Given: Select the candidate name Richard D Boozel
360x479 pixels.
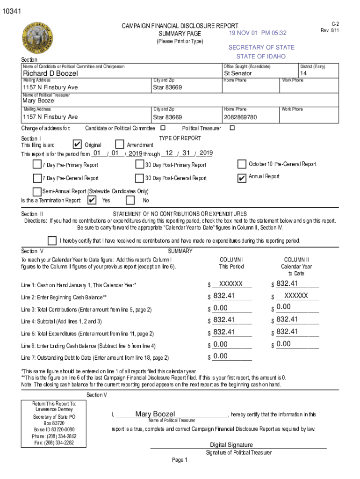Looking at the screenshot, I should point(50,73).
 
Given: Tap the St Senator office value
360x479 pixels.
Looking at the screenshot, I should point(238,73).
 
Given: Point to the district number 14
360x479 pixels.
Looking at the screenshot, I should point(303,73).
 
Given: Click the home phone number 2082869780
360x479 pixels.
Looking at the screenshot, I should point(240,117).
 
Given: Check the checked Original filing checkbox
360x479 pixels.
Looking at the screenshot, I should point(78,145).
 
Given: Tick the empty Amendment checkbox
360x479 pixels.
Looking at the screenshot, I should point(119,145).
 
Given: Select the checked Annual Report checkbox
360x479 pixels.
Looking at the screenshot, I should point(242,178).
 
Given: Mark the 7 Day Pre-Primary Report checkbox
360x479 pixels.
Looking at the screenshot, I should point(37,164).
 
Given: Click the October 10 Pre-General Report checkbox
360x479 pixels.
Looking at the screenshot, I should point(242,164).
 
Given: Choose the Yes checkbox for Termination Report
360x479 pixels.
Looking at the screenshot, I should point(92,200).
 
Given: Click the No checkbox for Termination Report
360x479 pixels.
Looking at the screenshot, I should point(131,200).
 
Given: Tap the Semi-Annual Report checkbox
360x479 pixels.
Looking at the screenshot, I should point(37,191).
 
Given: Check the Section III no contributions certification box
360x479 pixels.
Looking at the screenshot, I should point(52,240).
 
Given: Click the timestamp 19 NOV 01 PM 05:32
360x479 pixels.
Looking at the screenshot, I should point(258,33).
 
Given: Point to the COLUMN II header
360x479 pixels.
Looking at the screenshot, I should point(296,260).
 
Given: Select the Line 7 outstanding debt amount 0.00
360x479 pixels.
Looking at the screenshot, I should point(220,356).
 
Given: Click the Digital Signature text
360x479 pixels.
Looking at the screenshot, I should point(231,445).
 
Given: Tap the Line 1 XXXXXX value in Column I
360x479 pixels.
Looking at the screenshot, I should point(231,284).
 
